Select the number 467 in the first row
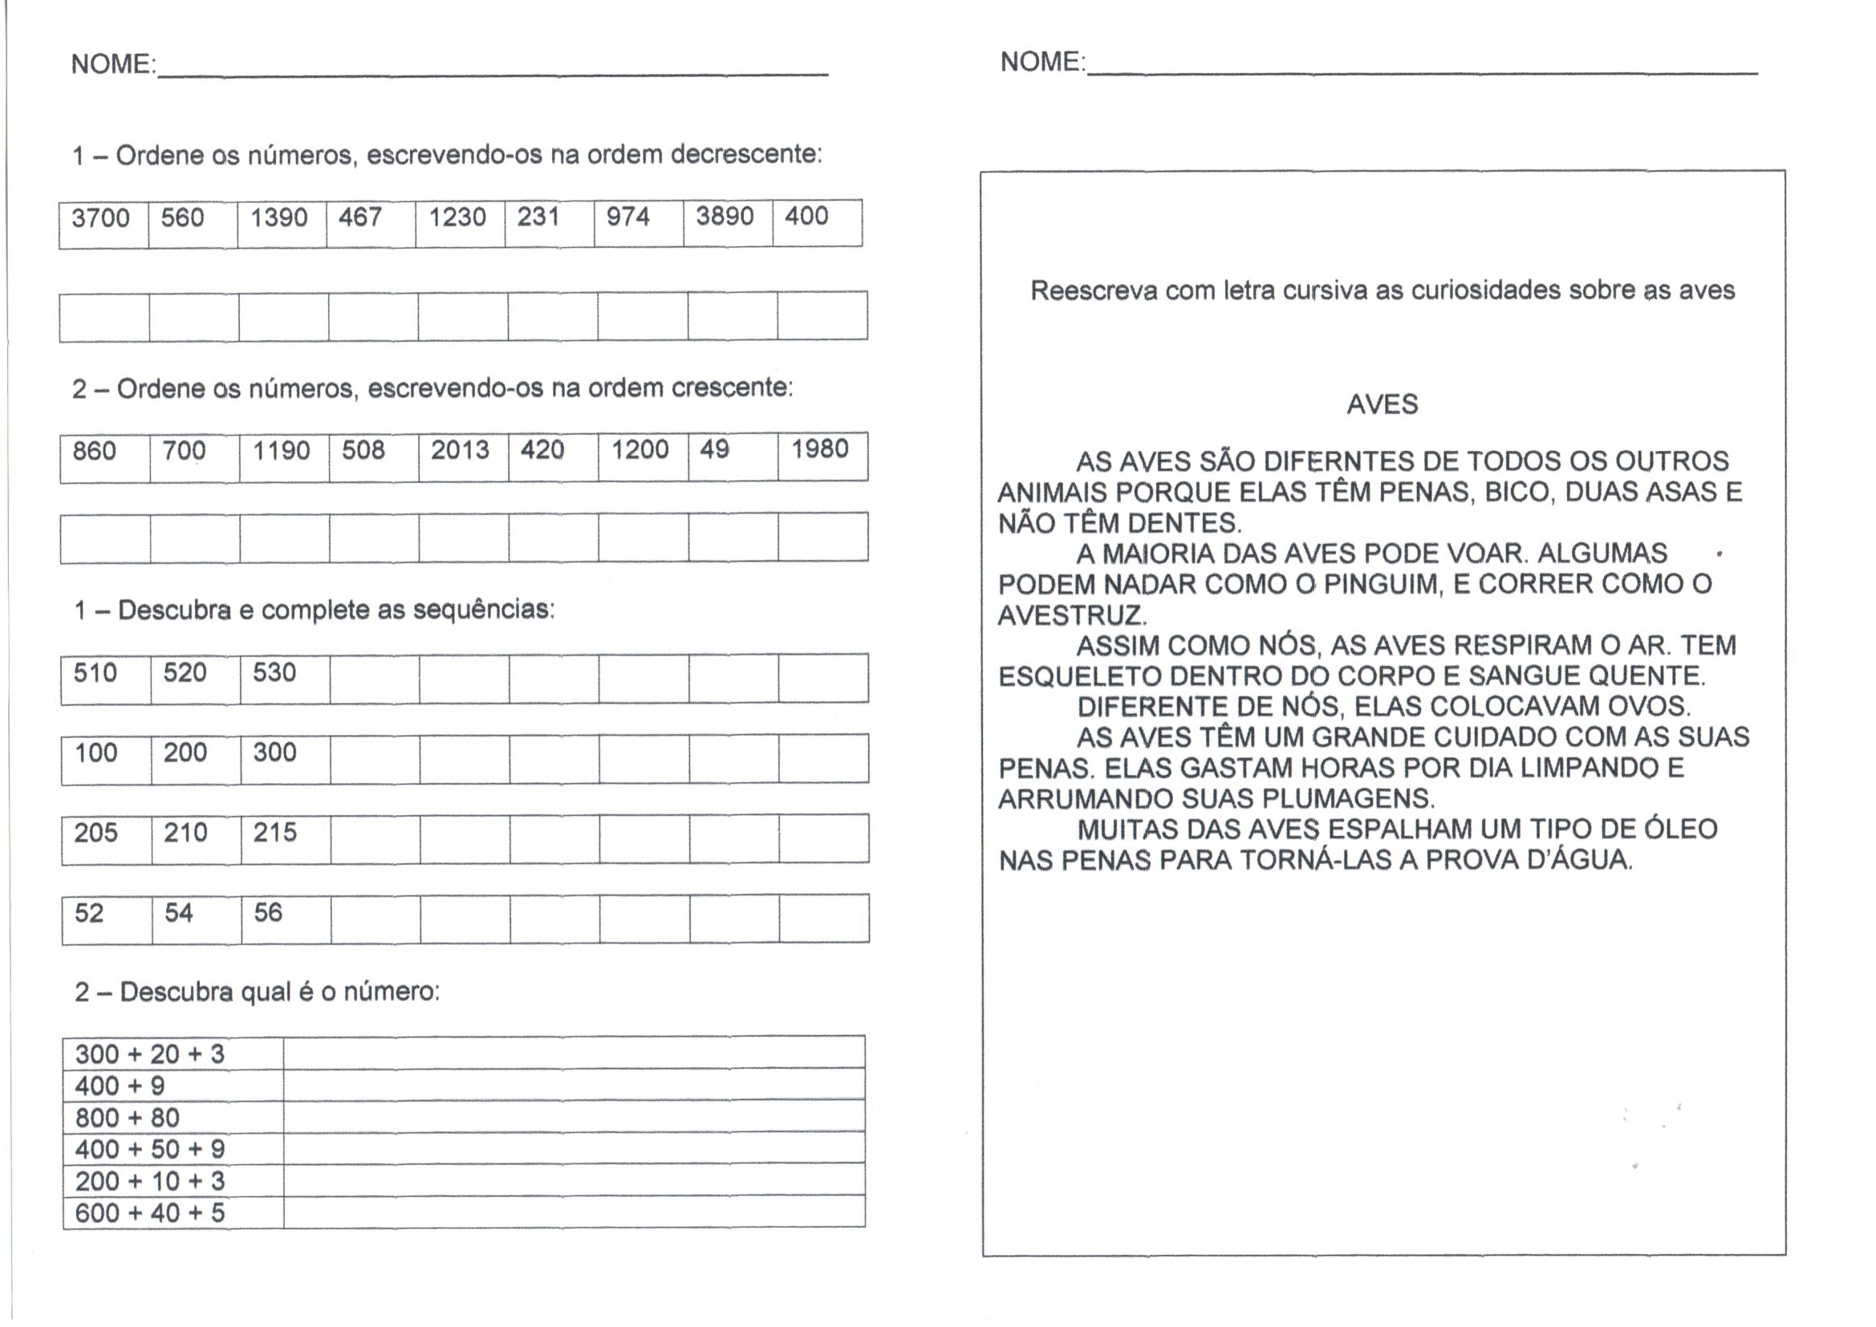click(360, 217)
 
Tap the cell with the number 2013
click(460, 450)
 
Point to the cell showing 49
click(715, 449)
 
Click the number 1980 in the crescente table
click(819, 448)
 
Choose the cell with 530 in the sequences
click(274, 672)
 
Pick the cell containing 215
click(274, 833)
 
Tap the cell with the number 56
click(268, 913)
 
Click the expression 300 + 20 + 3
click(149, 1054)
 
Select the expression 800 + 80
click(128, 1118)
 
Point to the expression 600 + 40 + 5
click(149, 1212)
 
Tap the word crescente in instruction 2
click(732, 388)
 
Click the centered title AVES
click(1383, 404)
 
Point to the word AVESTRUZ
click(1072, 615)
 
